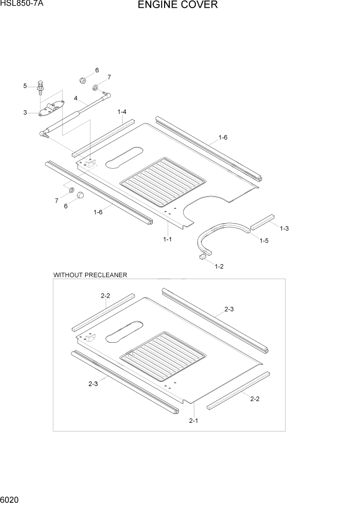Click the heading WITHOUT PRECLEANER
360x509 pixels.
90,275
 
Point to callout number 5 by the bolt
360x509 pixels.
25,86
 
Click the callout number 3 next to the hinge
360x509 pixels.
25,113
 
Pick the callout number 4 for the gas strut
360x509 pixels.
75,98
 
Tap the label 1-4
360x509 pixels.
122,111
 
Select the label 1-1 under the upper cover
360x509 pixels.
167,239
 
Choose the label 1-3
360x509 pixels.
284,228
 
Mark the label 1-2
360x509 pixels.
219,266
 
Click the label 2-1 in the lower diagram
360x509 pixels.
193,421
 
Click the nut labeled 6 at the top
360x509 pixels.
83,80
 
